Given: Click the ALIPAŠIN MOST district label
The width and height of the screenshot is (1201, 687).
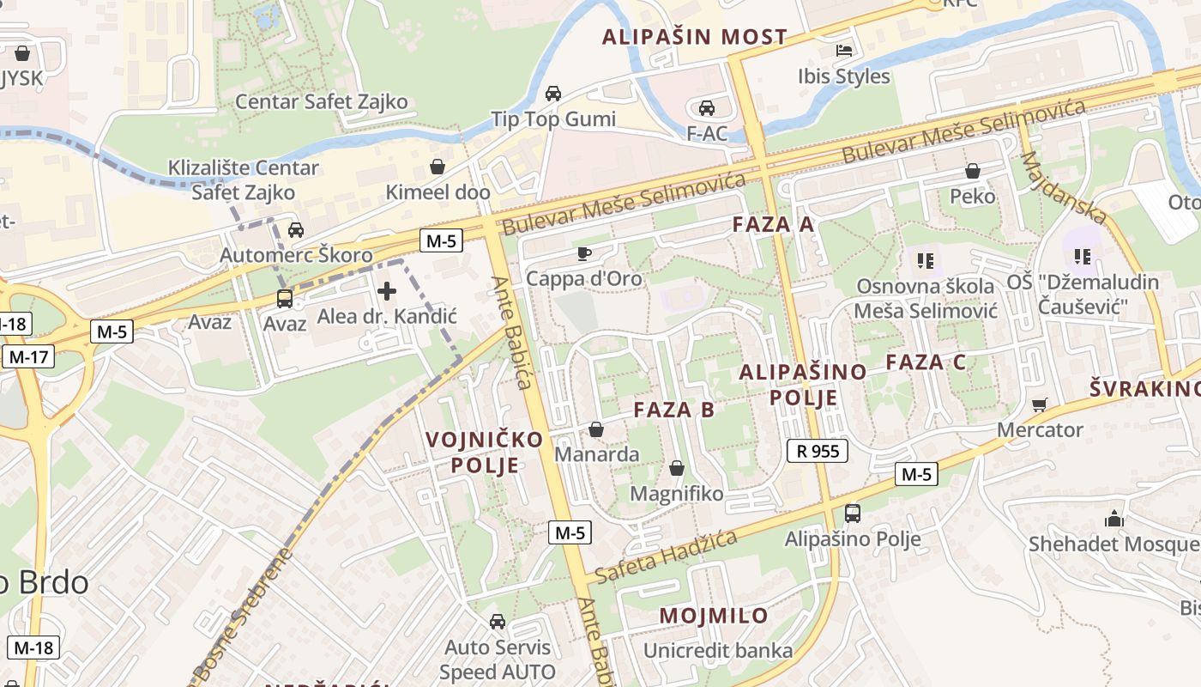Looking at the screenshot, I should [694, 37].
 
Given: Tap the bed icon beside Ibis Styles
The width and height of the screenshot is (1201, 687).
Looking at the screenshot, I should [844, 51].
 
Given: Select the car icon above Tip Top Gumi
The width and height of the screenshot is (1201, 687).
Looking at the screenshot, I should [553, 94].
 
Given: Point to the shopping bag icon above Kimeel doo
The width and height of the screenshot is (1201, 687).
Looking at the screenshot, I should [438, 167].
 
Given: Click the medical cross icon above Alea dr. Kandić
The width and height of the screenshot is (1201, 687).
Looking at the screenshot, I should [387, 291].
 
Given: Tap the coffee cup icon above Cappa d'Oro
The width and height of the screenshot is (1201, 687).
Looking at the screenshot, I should [584, 253].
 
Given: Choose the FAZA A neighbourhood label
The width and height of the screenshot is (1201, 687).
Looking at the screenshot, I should [772, 225].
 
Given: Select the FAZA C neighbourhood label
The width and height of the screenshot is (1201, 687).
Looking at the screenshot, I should [926, 362].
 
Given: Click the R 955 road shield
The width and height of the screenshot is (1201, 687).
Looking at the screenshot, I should [818, 451].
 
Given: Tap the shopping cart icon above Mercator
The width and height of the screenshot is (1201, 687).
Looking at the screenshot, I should [1040, 404].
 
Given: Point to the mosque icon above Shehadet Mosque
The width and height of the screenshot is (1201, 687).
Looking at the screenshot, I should [1113, 519].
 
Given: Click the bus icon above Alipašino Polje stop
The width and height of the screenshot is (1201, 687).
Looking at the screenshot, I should [853, 514].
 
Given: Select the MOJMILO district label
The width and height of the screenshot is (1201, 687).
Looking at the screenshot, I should [714, 616].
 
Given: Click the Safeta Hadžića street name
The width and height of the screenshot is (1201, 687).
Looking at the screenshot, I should [666, 556].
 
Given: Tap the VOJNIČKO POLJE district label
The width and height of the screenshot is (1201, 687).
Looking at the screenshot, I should [485, 453].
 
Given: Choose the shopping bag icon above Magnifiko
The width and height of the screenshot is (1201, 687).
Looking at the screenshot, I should [676, 469].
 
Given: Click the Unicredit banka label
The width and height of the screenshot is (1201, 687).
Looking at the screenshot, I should [718, 651].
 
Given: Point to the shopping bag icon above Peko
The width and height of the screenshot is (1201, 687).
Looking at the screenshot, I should [972, 171].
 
